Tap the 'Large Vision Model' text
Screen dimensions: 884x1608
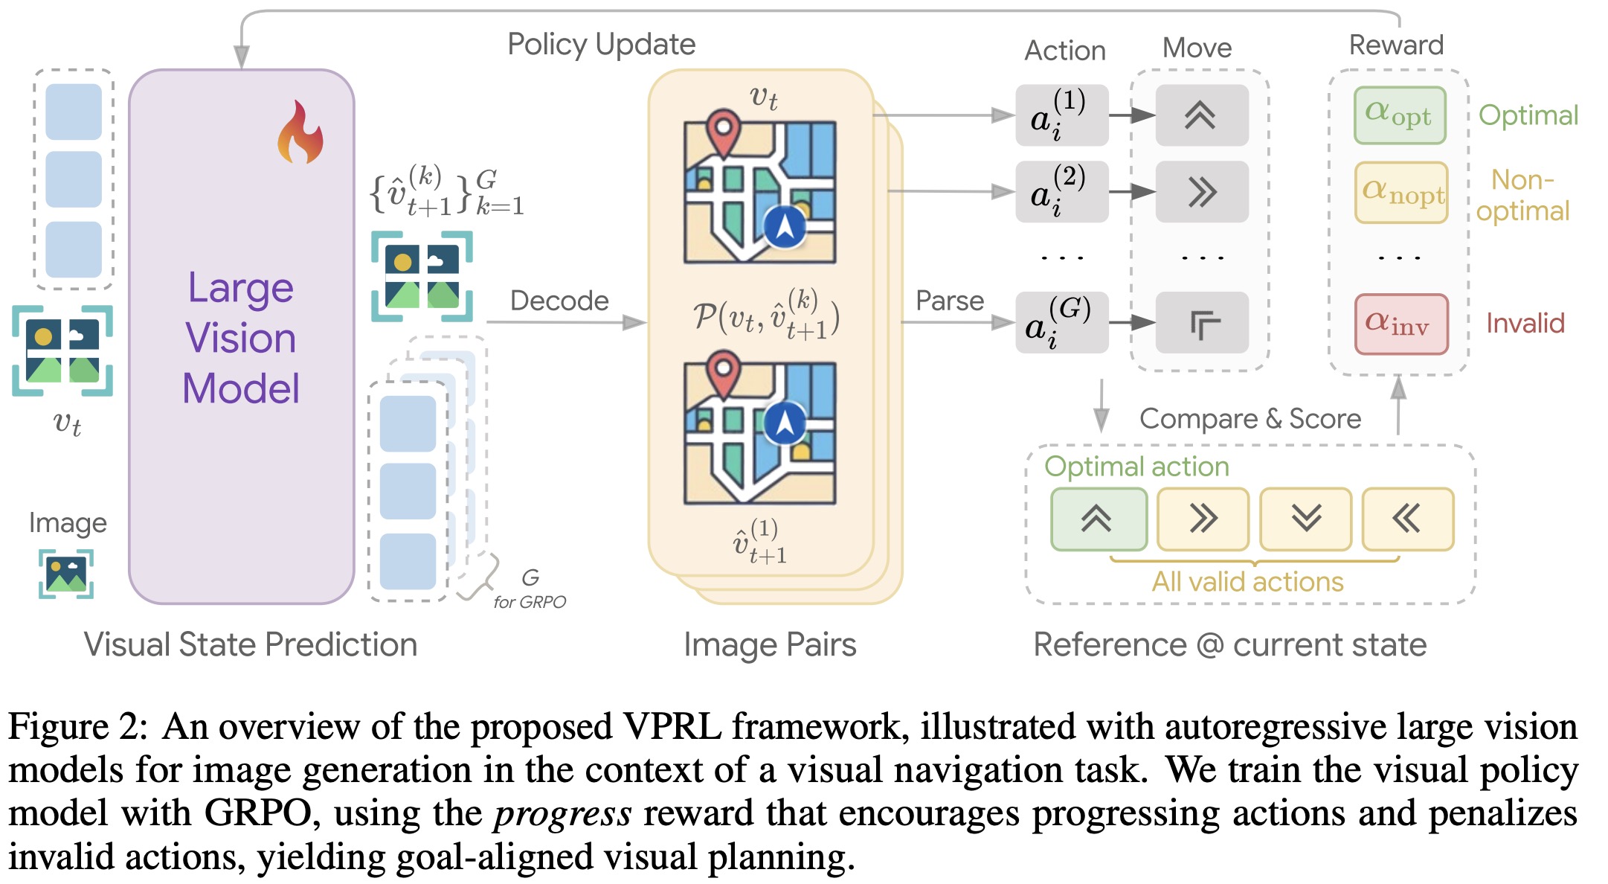point(241,338)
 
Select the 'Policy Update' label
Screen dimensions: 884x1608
point(601,45)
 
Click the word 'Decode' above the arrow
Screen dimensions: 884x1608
point(559,301)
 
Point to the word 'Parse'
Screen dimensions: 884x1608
point(949,301)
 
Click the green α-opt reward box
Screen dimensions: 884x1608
point(1400,115)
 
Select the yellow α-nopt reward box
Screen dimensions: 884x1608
point(1401,193)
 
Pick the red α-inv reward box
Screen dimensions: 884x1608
point(1401,324)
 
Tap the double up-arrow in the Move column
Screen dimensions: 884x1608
point(1201,115)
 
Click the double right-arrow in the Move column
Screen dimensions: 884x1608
point(1201,192)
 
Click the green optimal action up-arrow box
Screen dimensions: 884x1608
point(1099,519)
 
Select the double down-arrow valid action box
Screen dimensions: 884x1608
point(1305,519)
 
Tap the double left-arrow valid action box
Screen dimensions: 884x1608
point(1407,519)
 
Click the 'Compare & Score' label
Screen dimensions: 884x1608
point(1250,419)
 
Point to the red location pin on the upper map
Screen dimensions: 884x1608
point(723,131)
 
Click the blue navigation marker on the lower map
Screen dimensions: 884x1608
point(785,423)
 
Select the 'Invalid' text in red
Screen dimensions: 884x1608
point(1525,324)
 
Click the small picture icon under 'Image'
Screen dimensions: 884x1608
point(66,574)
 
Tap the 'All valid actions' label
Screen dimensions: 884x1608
point(1247,582)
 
